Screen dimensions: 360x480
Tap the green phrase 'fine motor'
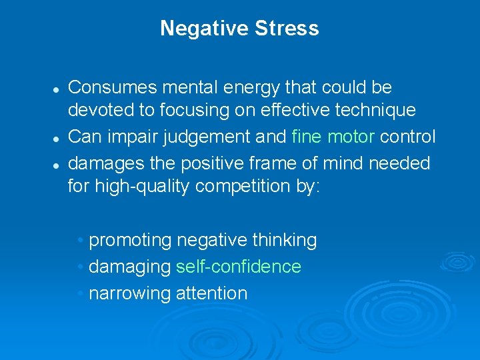pyautogui.click(x=333, y=137)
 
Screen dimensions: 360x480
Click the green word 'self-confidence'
pyautogui.click(x=239, y=267)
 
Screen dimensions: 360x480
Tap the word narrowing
pyautogui.click(x=129, y=293)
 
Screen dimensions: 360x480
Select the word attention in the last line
pyautogui.click(x=211, y=293)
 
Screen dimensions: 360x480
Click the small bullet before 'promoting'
pyautogui.click(x=80, y=240)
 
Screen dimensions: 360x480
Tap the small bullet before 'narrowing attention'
pyautogui.click(x=80, y=293)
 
